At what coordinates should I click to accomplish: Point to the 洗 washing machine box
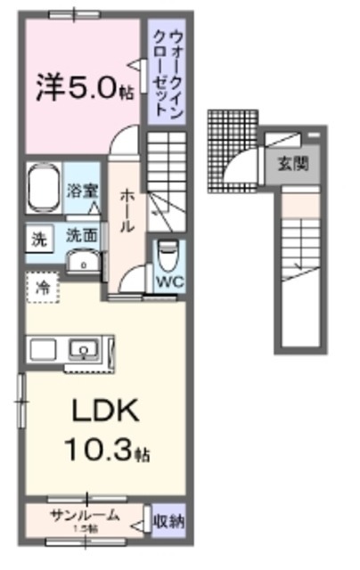[38, 238]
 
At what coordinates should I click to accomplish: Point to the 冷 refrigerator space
[41, 287]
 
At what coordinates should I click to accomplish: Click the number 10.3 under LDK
[101, 451]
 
